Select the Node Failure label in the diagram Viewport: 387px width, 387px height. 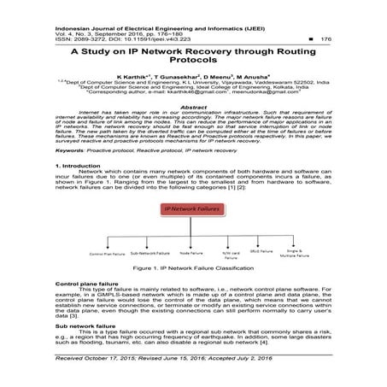190,253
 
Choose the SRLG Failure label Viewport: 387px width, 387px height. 272,253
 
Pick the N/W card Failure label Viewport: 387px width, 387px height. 232,255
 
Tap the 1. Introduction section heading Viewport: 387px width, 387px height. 79,163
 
